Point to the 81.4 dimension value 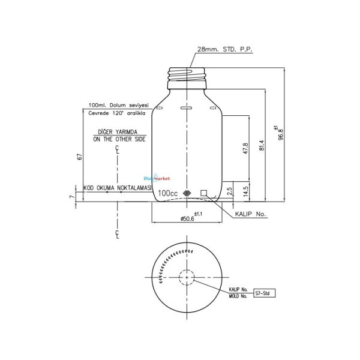(x=262, y=146)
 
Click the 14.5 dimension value (x=246, y=191)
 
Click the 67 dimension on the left (x=79, y=157)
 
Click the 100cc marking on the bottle (x=168, y=194)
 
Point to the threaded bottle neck (x=187, y=74)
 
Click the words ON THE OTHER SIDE (x=120, y=139)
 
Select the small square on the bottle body (x=203, y=193)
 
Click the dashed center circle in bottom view (x=187, y=278)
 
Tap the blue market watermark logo (x=158, y=178)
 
